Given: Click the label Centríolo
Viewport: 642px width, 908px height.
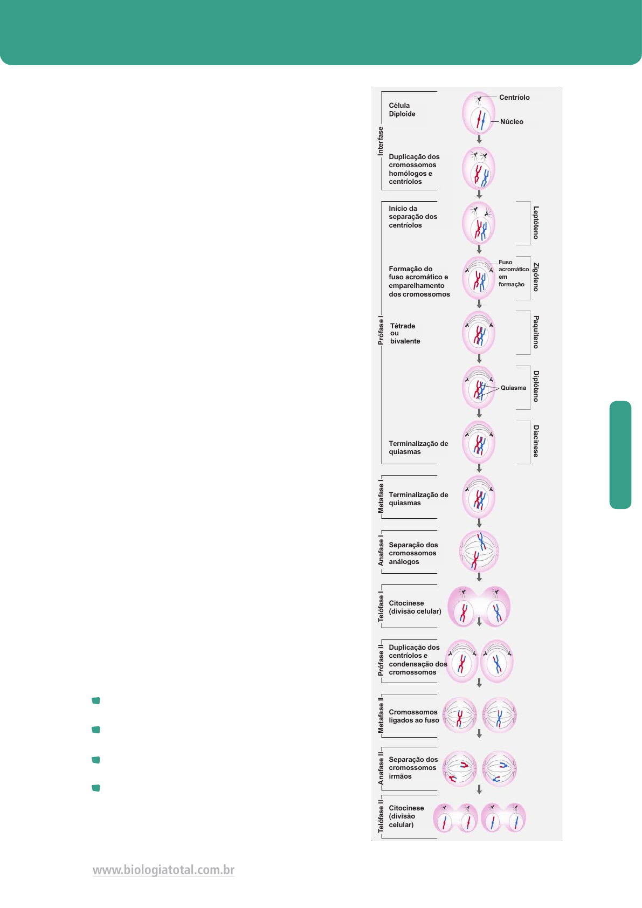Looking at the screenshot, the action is [x=514, y=98].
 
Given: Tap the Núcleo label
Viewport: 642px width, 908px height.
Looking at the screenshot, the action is [x=512, y=122].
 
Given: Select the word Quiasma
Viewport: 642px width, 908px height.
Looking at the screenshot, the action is [x=513, y=388].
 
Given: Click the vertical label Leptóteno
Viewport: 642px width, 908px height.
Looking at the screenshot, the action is [x=536, y=222].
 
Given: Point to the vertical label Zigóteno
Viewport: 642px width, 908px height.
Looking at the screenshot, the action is [x=536, y=277].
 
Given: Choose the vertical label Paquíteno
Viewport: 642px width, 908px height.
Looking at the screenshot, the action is [x=536, y=332].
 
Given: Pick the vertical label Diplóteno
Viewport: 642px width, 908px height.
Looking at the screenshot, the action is [x=536, y=386].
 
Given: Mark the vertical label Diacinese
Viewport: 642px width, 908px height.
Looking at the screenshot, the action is [x=536, y=441].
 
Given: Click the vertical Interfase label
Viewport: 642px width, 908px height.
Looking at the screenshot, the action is [x=381, y=141].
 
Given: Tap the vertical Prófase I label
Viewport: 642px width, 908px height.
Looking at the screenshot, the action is [x=381, y=331].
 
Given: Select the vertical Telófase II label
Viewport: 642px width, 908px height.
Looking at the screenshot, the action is [x=381, y=816].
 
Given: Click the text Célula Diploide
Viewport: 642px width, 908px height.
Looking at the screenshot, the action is [x=402, y=110].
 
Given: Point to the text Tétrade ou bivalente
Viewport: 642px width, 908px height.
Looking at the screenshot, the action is [x=405, y=334].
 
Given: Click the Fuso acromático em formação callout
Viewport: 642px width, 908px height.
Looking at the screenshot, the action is [x=513, y=273].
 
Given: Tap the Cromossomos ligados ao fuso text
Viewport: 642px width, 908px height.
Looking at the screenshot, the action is [x=414, y=716].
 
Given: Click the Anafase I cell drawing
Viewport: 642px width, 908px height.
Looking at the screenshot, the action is [x=479, y=551].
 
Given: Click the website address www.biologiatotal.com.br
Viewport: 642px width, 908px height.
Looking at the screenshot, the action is [x=163, y=870].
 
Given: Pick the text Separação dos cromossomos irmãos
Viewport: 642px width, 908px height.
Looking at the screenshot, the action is [x=413, y=768].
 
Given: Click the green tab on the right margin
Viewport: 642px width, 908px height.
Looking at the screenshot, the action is [x=620, y=455].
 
